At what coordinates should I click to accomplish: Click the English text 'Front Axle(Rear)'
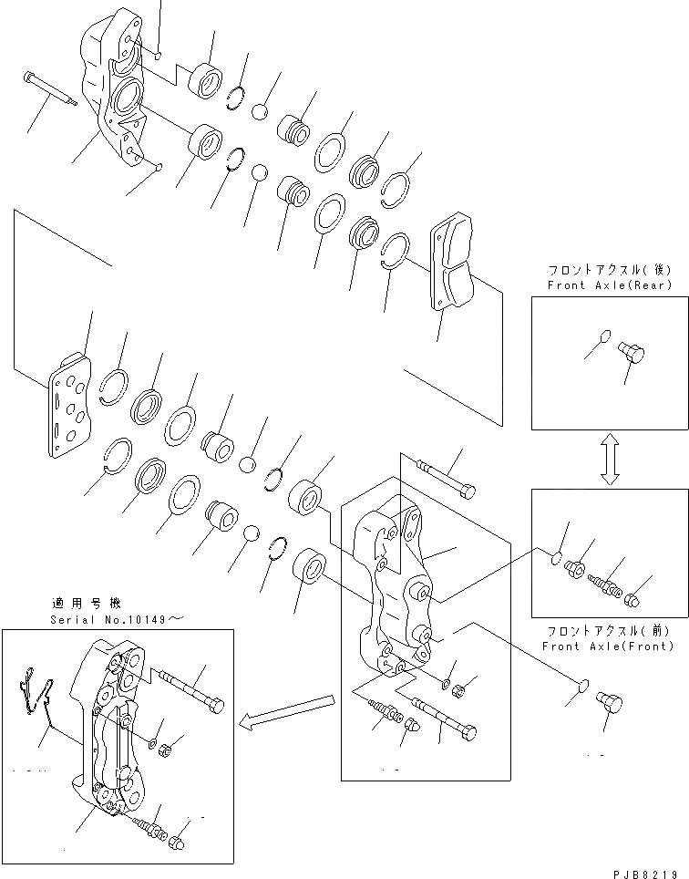[x=609, y=285]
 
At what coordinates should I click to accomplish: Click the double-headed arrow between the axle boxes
[x=610, y=460]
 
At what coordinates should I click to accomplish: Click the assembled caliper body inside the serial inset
[x=114, y=729]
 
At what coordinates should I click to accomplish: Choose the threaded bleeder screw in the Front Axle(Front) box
[x=604, y=581]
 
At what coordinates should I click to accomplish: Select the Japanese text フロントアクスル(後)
[x=609, y=271]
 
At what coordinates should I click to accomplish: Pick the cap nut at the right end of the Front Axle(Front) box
[x=633, y=599]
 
